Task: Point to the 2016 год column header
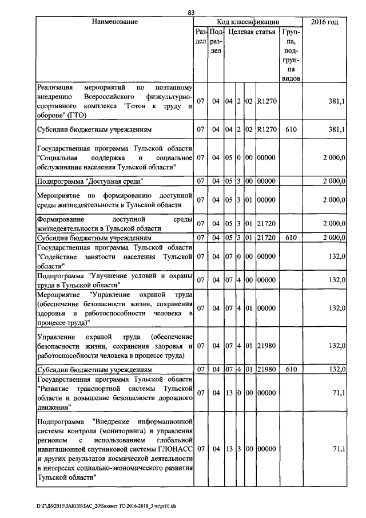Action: [x=324, y=22]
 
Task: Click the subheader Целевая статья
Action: [x=252, y=33]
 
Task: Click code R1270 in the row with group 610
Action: [x=267, y=130]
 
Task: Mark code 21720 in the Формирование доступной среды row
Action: [x=267, y=224]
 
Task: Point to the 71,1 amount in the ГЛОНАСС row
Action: [x=338, y=450]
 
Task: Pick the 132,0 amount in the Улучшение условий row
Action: [x=336, y=280]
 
